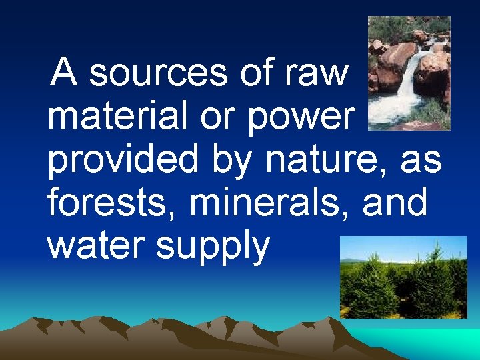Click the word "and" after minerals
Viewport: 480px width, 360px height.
(395, 203)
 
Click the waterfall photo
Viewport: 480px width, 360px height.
(409, 73)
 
